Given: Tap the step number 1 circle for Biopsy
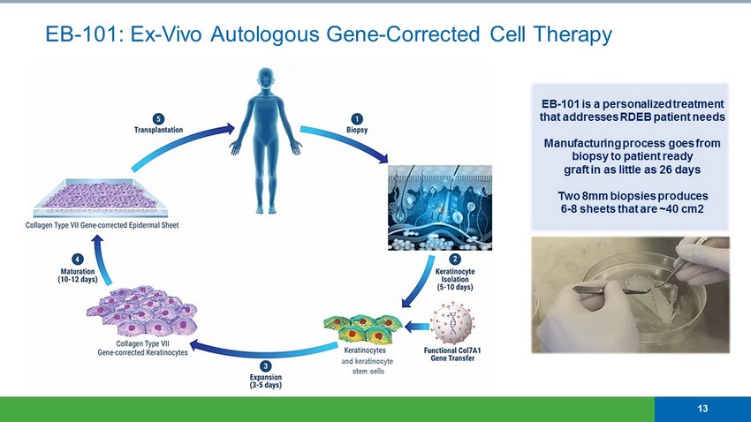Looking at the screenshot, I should point(357,118).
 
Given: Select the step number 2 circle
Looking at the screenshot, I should point(455,259).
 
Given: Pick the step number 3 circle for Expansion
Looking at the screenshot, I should point(265,366).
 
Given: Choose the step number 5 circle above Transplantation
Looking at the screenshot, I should point(158,118).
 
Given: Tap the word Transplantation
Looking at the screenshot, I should point(159,130).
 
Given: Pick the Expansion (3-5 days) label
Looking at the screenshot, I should point(266,381).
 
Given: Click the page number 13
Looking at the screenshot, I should point(702,408).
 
